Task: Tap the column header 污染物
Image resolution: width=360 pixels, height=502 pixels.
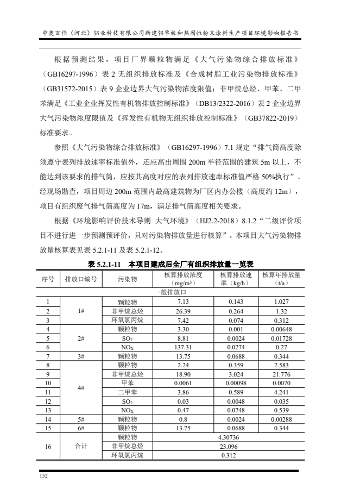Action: [x=127, y=279]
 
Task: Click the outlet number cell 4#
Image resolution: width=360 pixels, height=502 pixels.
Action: [x=81, y=388]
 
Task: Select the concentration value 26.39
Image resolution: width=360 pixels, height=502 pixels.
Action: [x=182, y=311]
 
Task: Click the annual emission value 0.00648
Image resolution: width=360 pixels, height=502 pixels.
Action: [x=281, y=329]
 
